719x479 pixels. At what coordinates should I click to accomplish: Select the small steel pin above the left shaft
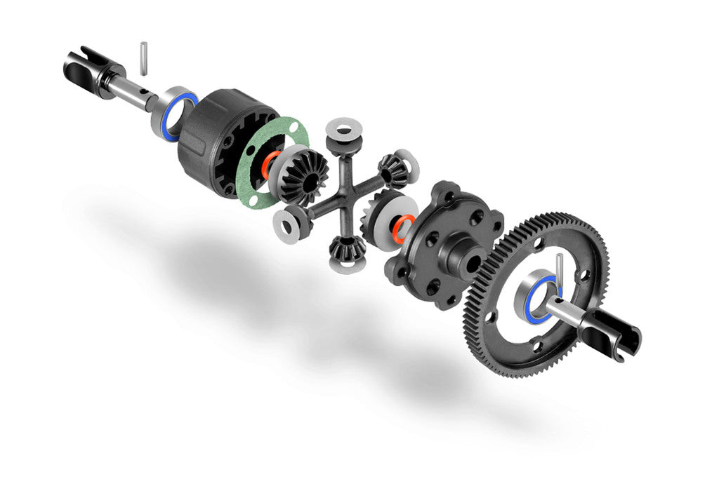point(143,58)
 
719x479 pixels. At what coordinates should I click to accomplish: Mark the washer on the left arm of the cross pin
point(287,222)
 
